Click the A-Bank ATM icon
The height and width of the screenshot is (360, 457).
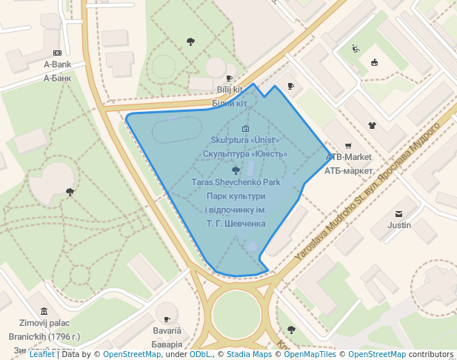pos(57,52)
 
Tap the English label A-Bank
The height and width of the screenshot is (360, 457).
pos(57,64)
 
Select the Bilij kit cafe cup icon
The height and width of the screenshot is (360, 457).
pos(230,78)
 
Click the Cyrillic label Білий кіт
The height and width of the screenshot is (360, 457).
pos(230,103)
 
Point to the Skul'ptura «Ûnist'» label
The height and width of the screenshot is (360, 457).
pos(245,140)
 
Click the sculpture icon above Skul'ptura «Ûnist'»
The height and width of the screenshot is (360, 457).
pos(245,128)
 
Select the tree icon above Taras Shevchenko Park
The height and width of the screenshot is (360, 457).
pos(236,170)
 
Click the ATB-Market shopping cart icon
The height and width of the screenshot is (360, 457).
pos(348,146)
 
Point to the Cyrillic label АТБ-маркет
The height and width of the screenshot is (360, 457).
pos(349,170)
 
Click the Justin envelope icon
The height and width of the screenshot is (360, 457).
pos(399,213)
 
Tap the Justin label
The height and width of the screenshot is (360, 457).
pos(399,224)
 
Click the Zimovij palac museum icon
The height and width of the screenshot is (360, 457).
pos(44,310)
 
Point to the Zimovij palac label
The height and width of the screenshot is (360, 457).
pos(44,323)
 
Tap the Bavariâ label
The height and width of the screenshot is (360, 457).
pos(167,330)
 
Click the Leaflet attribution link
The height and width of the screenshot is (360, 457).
pos(42,354)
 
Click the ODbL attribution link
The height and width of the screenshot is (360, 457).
pos(199,354)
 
